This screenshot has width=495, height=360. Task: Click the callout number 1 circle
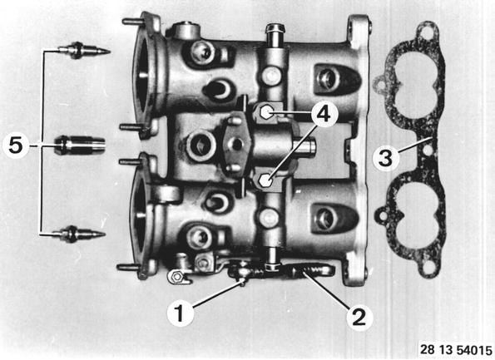pos(181,313)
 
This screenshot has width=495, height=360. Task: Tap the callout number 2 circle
pos(359,317)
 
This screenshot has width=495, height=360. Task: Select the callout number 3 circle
pos(386,158)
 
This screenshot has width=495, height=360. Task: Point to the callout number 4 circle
pos(324,114)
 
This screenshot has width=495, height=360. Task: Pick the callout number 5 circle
pos(16,145)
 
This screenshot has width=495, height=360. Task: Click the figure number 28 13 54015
pos(456,349)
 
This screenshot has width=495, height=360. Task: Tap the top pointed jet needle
pos(84,50)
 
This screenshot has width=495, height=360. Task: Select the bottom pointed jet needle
pos(79,234)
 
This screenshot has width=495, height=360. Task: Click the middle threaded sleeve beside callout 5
pos(80,145)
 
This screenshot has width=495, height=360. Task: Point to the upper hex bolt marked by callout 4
pos(266,111)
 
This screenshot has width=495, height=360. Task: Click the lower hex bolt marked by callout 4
pos(265,180)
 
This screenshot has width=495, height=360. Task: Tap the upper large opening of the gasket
pos(416,84)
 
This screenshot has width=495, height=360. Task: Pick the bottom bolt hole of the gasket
pos(428,269)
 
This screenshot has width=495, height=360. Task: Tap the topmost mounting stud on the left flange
pos(133,22)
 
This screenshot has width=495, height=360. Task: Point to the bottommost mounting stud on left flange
pos(128,267)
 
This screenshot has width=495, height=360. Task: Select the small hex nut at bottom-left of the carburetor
pos(177,277)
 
